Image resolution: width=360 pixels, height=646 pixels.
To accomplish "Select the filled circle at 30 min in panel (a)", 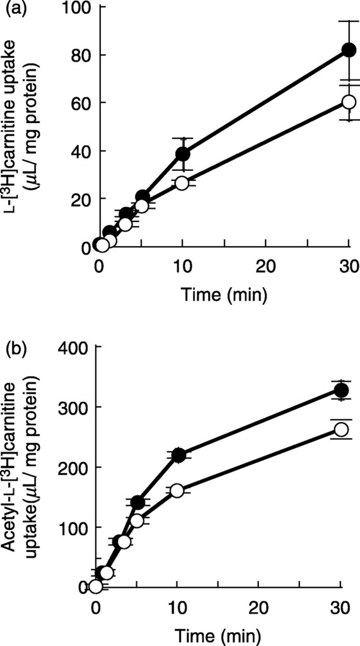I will pos(349,50).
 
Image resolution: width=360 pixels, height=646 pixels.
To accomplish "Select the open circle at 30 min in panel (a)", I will pos(349,102).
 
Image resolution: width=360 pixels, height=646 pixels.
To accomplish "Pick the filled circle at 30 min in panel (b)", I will pos(341,391).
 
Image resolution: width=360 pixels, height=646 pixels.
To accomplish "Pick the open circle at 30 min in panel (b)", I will pos(341,429).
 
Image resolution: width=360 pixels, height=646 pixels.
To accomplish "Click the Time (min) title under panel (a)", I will pos(224,293).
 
